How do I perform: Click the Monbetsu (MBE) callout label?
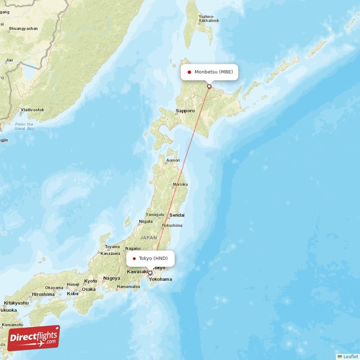(209, 72)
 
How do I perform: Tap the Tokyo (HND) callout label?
(150, 258)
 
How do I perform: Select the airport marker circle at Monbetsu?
(209, 86)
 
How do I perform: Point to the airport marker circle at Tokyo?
(150, 273)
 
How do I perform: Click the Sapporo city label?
(185, 111)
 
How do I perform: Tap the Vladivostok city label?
(32, 110)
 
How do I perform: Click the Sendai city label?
(177, 216)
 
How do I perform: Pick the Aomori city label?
(173, 160)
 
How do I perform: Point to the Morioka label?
(180, 184)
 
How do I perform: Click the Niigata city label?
(146, 221)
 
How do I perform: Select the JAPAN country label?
(148, 237)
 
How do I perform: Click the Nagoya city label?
(111, 278)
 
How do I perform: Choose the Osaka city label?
(89, 289)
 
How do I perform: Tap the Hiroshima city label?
(43, 294)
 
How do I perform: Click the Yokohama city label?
(160, 279)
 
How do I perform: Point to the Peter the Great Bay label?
(24, 126)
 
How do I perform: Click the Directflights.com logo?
(34, 337)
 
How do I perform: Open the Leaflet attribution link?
(350, 356)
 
